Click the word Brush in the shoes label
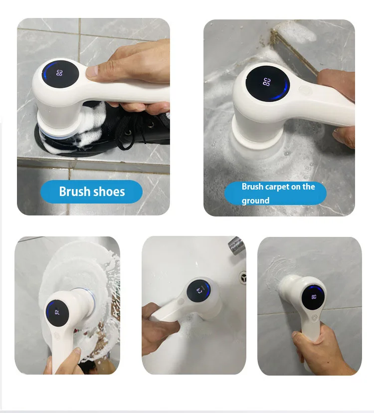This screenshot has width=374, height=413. point(74,192)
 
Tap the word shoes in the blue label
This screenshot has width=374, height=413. point(109,192)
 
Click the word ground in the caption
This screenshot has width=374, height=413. point(255,201)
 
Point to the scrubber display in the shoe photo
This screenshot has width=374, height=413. point(60,74)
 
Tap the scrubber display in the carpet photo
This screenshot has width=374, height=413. point(268,83)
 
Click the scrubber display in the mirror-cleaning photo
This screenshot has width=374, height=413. point(57,313)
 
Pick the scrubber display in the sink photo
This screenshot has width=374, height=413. point(199,290)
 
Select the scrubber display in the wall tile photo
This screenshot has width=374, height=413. point(314,298)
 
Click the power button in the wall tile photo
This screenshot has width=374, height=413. point(314,318)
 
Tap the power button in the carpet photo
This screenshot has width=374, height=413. point(306,90)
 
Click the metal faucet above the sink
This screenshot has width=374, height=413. point(236,245)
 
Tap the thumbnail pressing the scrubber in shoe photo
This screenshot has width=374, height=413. point(92,71)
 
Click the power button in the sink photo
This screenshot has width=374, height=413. point(181,302)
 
